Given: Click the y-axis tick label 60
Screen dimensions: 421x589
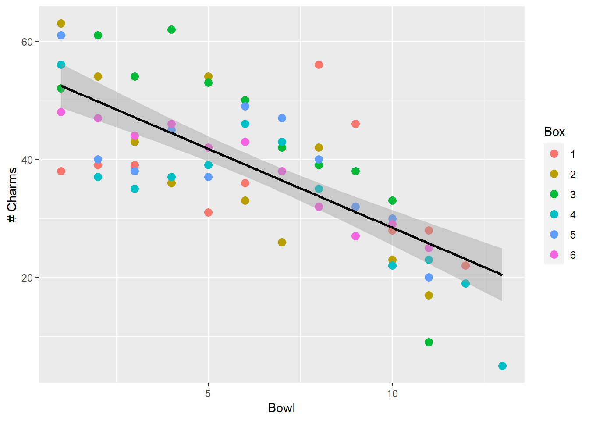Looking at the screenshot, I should (x=27, y=42).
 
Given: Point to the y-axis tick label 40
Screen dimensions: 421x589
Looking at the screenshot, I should (x=27, y=160).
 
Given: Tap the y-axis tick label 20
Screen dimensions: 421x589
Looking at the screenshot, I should (x=27, y=278).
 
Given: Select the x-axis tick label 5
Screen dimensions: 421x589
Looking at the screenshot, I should (x=208, y=393).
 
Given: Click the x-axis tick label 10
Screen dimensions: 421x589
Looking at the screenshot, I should (x=392, y=393).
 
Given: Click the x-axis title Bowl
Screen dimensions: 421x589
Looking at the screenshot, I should (x=281, y=408).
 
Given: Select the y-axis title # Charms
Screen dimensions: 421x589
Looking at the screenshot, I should (x=12, y=195).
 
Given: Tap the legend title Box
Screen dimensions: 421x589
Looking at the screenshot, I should (x=554, y=132).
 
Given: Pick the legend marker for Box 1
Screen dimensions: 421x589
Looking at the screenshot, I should (x=554, y=154).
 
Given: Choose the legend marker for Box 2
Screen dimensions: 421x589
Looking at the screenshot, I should (x=554, y=174).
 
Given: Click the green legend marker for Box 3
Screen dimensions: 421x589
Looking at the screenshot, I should (x=554, y=194).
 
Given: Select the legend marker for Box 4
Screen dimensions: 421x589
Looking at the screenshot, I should (x=554, y=214).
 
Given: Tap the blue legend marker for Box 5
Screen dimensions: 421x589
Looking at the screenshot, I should (x=554, y=235).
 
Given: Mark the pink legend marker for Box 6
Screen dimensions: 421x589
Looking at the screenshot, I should (x=554, y=255).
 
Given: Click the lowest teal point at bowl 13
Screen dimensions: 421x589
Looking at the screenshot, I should (x=502, y=366).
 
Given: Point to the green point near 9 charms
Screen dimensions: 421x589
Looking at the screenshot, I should (x=429, y=342).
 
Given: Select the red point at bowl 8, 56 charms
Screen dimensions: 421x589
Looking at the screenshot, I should (x=319, y=65).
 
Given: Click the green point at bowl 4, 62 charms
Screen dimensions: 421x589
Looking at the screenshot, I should (x=171, y=30).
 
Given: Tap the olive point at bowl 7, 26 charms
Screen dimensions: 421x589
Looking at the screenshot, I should (x=282, y=242).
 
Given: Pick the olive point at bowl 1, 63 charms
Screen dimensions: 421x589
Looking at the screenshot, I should (x=61, y=24).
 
